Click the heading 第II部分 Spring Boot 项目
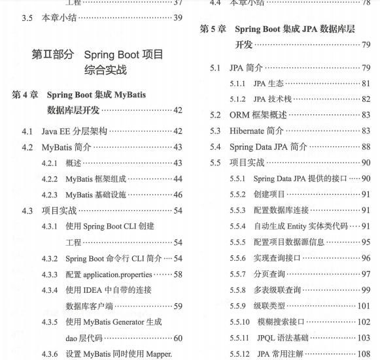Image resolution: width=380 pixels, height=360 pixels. (x=97, y=54)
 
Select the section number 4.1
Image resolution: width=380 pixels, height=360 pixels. (x=27, y=131)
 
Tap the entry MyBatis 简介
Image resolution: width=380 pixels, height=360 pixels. (x=66, y=147)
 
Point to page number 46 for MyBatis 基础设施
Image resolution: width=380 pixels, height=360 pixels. (x=177, y=195)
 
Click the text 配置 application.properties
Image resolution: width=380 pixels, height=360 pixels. (x=109, y=274)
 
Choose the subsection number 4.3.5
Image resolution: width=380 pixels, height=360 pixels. (x=50, y=321)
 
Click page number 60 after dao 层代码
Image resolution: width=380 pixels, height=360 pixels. (x=177, y=338)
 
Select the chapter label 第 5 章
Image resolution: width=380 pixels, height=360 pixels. (x=213, y=29)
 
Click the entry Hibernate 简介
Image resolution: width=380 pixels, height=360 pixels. (x=256, y=131)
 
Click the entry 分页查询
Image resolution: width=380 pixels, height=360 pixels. (x=269, y=274)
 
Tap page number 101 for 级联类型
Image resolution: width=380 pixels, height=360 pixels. (x=363, y=306)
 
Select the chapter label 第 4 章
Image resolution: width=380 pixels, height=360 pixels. (x=25, y=95)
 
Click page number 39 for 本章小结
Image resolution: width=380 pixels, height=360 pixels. (x=177, y=18)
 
